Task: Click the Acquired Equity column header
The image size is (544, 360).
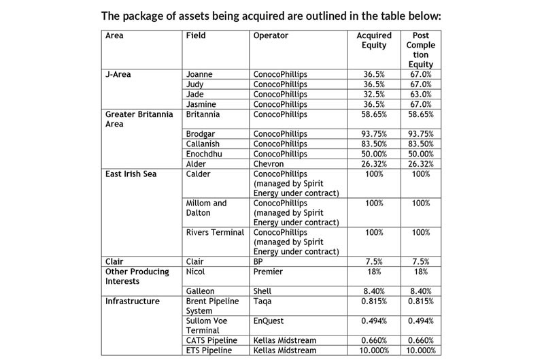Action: (x=375, y=40)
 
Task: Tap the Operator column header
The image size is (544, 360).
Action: (x=271, y=35)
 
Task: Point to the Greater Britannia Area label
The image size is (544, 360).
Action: (x=137, y=120)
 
